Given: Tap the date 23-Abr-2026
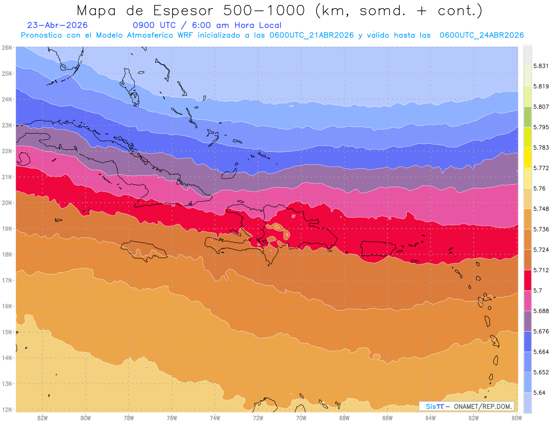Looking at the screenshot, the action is [57, 25].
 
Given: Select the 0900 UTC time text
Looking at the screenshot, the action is [154, 25].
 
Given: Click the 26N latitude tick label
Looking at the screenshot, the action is [6, 48].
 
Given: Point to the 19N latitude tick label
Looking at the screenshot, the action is [6, 229].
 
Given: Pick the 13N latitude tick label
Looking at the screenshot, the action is [6, 384].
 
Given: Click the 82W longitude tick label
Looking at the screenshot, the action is [43, 418].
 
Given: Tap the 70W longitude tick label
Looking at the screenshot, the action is [301, 418].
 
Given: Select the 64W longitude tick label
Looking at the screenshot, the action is [430, 418].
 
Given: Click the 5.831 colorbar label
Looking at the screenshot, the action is [541, 66].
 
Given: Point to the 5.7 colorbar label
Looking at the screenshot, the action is [538, 290].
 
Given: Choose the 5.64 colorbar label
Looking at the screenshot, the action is [539, 392].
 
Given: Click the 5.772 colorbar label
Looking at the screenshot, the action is [541, 168].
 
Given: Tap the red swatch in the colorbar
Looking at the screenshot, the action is [527, 280].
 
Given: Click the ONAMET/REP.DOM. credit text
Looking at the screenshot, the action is [483, 407].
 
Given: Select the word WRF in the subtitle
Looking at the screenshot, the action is [185, 35].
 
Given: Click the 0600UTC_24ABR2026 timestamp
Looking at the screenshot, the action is [482, 35].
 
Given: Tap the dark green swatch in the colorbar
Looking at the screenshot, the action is [527, 117].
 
